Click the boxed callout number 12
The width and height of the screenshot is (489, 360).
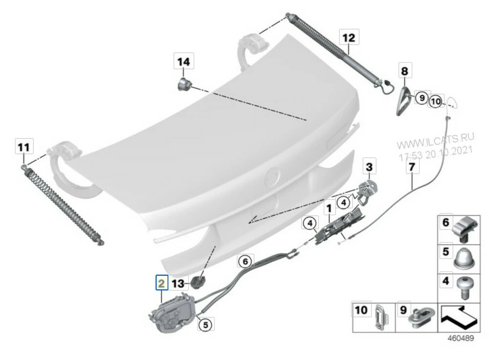pos(349,38)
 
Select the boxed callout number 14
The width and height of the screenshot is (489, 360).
pos(184,61)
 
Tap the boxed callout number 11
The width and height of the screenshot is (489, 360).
pos(24,147)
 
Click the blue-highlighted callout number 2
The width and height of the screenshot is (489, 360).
pos(162,283)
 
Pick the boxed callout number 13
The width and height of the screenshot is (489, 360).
pos(178,283)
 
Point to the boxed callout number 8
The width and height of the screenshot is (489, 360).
pos(404,71)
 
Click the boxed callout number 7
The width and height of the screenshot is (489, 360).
pos(412,167)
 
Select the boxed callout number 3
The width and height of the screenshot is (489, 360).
pos(369,167)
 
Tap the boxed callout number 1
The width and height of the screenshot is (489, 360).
pos(329,208)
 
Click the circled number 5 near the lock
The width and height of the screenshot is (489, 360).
pos(205,324)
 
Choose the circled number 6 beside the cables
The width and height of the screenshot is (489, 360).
pos(245,261)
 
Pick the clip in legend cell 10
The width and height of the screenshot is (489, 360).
pos(381,317)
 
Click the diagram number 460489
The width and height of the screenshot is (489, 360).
pos(461,338)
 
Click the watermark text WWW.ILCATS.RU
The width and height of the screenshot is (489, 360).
pos(435,141)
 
